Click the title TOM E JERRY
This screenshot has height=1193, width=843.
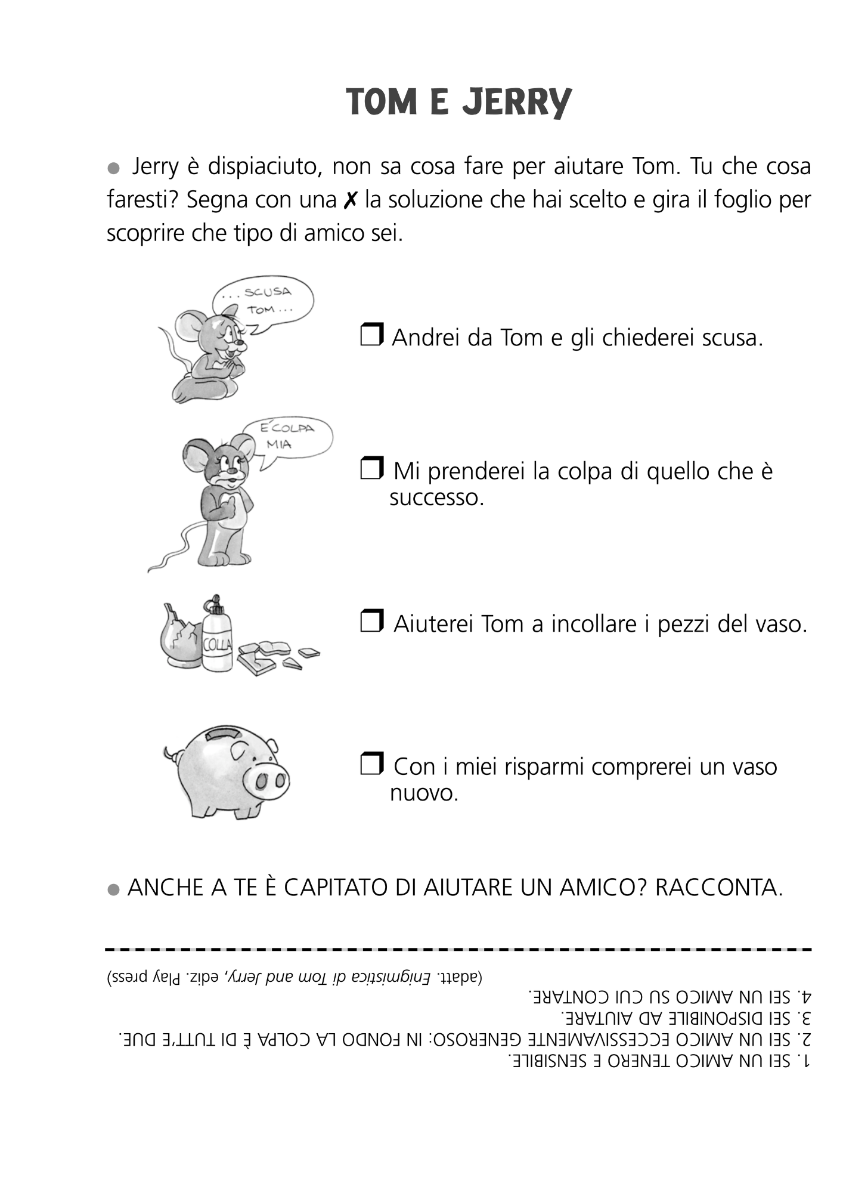click(458, 101)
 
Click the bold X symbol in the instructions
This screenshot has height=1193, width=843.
click(351, 200)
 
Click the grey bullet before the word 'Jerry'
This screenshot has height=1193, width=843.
click(113, 168)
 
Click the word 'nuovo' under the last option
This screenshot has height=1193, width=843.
click(424, 793)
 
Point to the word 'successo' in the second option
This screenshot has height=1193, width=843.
click(436, 497)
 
